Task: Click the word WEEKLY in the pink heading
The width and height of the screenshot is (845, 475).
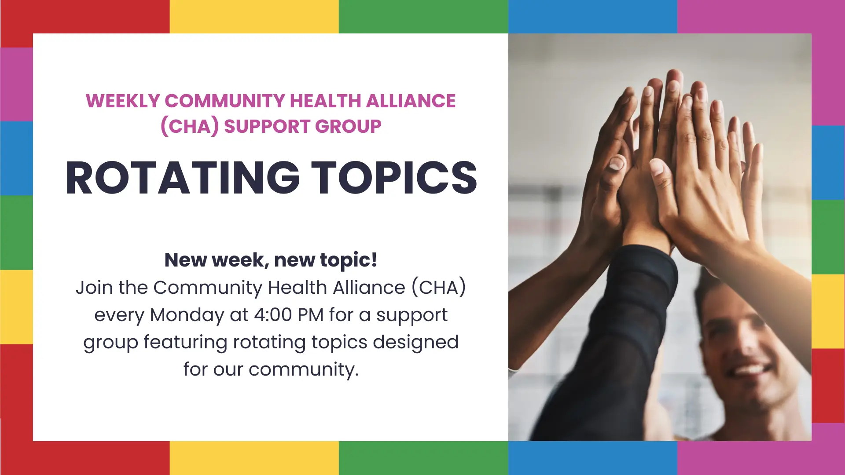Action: [123, 101]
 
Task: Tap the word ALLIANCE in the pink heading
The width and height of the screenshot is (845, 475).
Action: [411, 101]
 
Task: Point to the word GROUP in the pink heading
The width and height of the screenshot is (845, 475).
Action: [348, 127]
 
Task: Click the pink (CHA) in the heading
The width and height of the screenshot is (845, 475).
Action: [190, 127]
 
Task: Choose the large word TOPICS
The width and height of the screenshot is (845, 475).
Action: [394, 178]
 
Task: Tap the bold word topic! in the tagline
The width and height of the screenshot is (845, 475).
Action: [348, 260]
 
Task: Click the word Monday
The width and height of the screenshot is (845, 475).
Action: [187, 315]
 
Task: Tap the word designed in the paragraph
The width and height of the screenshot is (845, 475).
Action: [415, 343]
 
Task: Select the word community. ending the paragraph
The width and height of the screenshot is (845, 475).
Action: [304, 370]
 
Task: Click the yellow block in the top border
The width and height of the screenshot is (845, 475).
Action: [254, 17]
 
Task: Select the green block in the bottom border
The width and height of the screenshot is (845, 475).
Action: [423, 458]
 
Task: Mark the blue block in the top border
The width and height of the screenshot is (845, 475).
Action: [593, 17]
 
